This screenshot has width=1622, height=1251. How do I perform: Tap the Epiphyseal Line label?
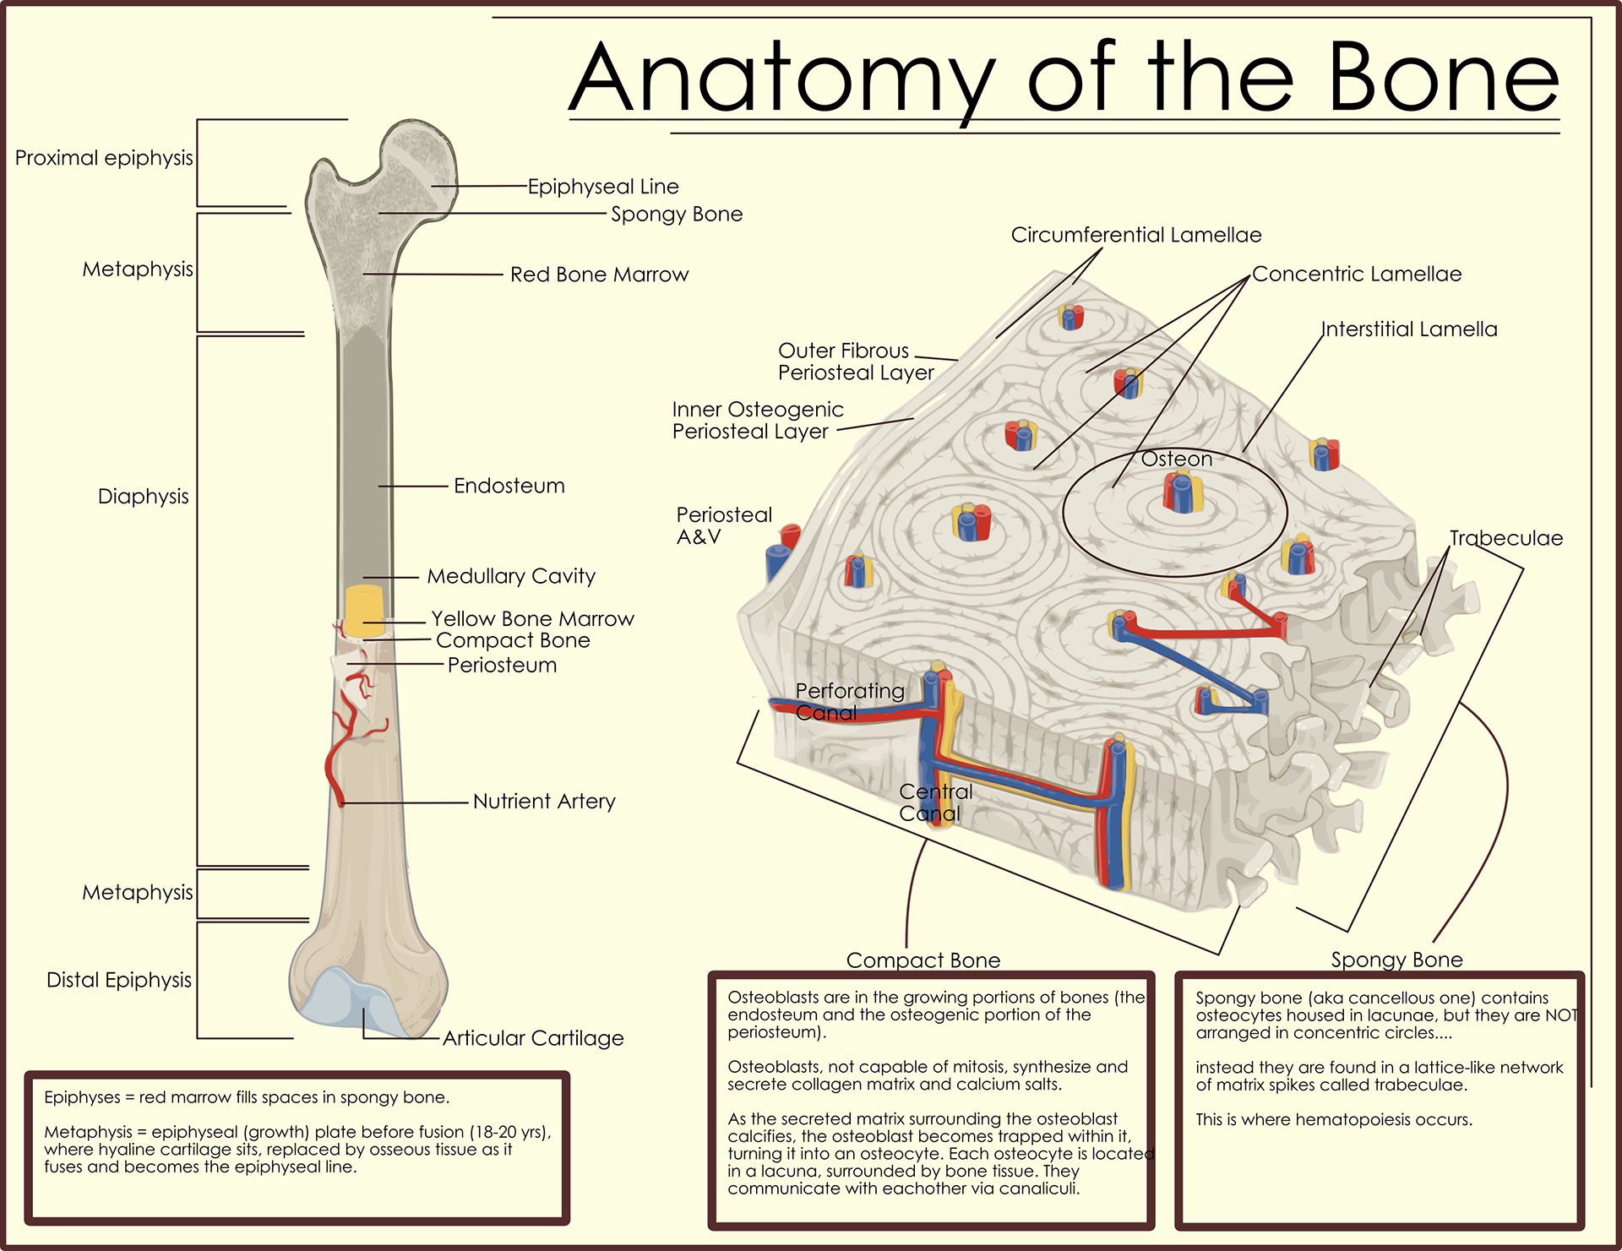603,187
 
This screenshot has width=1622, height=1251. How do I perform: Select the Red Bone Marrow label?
599,275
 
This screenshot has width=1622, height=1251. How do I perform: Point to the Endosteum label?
509,486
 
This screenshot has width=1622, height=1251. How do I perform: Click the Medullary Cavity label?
510,576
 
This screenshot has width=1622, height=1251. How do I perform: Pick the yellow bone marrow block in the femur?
365,610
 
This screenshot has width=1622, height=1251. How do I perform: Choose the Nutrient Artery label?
543,801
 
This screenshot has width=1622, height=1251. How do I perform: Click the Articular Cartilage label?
533,1038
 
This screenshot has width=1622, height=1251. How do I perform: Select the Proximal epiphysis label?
104,158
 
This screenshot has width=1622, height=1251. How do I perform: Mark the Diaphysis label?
143,496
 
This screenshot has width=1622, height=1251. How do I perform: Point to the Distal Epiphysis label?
119,980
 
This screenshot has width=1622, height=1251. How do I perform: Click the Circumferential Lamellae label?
1135,235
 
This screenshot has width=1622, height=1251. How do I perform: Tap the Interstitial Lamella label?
1408,329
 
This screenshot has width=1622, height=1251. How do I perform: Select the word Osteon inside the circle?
1176,459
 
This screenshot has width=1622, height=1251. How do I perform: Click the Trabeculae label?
1505,538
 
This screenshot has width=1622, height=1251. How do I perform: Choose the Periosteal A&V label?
723,525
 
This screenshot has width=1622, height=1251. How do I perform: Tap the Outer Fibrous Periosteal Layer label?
855,362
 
